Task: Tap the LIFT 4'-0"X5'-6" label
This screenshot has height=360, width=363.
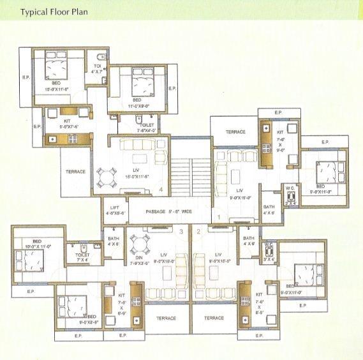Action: [115, 211]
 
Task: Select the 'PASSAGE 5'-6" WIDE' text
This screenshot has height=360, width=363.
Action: [170, 211]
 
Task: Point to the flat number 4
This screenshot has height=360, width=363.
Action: [161, 190]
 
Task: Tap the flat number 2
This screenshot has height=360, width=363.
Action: [198, 230]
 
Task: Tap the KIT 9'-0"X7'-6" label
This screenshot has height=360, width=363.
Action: [69, 123]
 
